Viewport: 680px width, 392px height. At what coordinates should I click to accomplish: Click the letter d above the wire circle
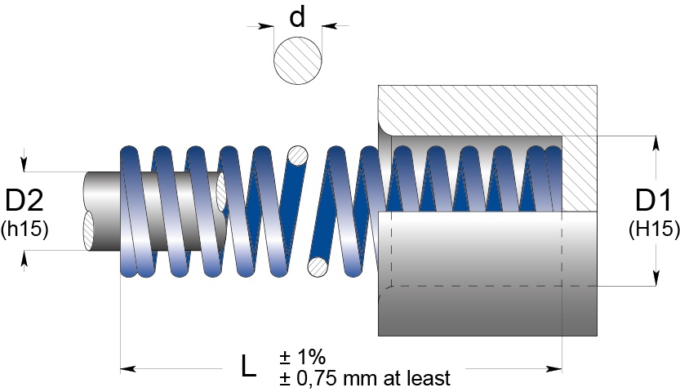click(298, 17)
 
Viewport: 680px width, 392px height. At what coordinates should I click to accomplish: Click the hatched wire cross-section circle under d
click(298, 59)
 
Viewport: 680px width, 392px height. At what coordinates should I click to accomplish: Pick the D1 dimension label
click(654, 201)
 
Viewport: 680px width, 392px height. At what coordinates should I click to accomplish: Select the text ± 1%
click(302, 357)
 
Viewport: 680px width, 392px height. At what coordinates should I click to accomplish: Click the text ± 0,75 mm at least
click(364, 379)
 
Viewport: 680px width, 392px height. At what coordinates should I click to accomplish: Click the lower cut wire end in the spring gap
click(318, 266)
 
